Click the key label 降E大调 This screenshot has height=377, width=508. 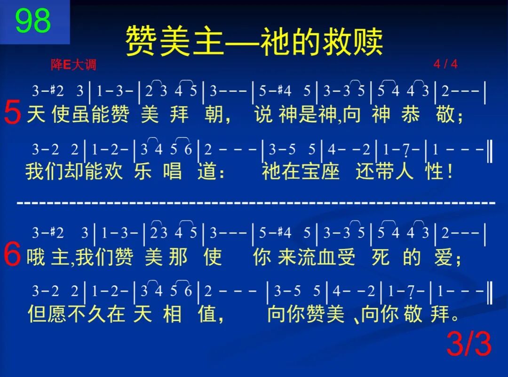(x=73, y=65)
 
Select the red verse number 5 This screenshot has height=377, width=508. (x=12, y=114)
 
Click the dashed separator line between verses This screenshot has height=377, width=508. (x=256, y=203)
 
